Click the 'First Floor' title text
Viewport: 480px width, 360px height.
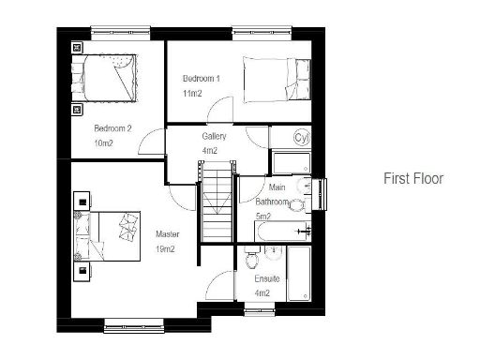413,178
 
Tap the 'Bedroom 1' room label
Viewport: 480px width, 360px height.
202,79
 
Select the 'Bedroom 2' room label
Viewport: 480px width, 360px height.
112,128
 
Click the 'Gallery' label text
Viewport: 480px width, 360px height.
214,137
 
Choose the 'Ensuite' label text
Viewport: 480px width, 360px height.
267,278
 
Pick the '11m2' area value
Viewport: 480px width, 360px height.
193,95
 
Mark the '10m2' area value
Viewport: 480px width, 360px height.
103,144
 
